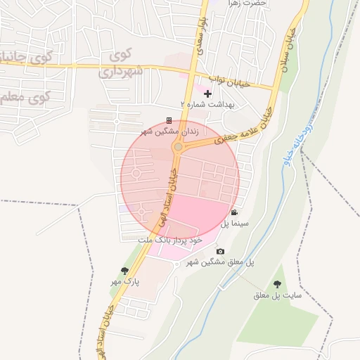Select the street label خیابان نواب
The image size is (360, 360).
(x=226, y=83)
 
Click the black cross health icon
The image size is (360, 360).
(x=207, y=94)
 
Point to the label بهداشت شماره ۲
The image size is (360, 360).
(x=207, y=104)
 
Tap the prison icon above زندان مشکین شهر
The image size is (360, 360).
(x=169, y=120)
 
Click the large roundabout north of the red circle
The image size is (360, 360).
(x=179, y=147)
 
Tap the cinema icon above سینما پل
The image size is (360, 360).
(x=234, y=212)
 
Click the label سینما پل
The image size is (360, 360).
(x=235, y=224)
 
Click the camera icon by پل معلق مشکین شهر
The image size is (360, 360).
(x=220, y=252)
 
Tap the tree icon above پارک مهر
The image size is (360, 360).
(x=125, y=271)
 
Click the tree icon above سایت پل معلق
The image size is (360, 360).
(x=277, y=284)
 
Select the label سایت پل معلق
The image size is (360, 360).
(x=278, y=295)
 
